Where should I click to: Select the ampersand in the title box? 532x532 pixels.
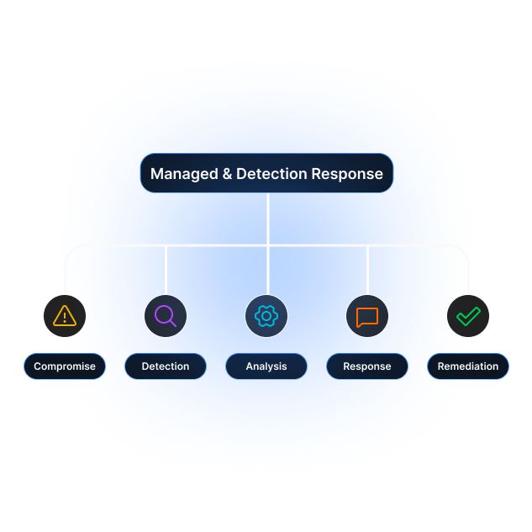pos(225,175)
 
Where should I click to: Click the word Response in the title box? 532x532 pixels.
pos(347,175)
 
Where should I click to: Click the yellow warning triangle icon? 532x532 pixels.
pos(65,316)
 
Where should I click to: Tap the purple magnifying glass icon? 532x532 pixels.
pos(166,316)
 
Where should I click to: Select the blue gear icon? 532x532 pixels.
pos(266,316)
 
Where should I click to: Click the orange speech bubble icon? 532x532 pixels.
pos(367,317)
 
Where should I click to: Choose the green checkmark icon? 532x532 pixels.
pos(468,316)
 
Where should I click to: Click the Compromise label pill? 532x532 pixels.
pos(65,366)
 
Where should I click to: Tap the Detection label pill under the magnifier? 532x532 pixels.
pos(166,366)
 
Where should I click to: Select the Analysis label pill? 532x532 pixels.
pos(266,366)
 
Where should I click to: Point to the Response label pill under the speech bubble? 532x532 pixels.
pos(367,366)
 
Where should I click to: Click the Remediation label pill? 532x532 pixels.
pos(468,366)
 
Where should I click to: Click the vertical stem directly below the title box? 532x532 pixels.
pos(267,219)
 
